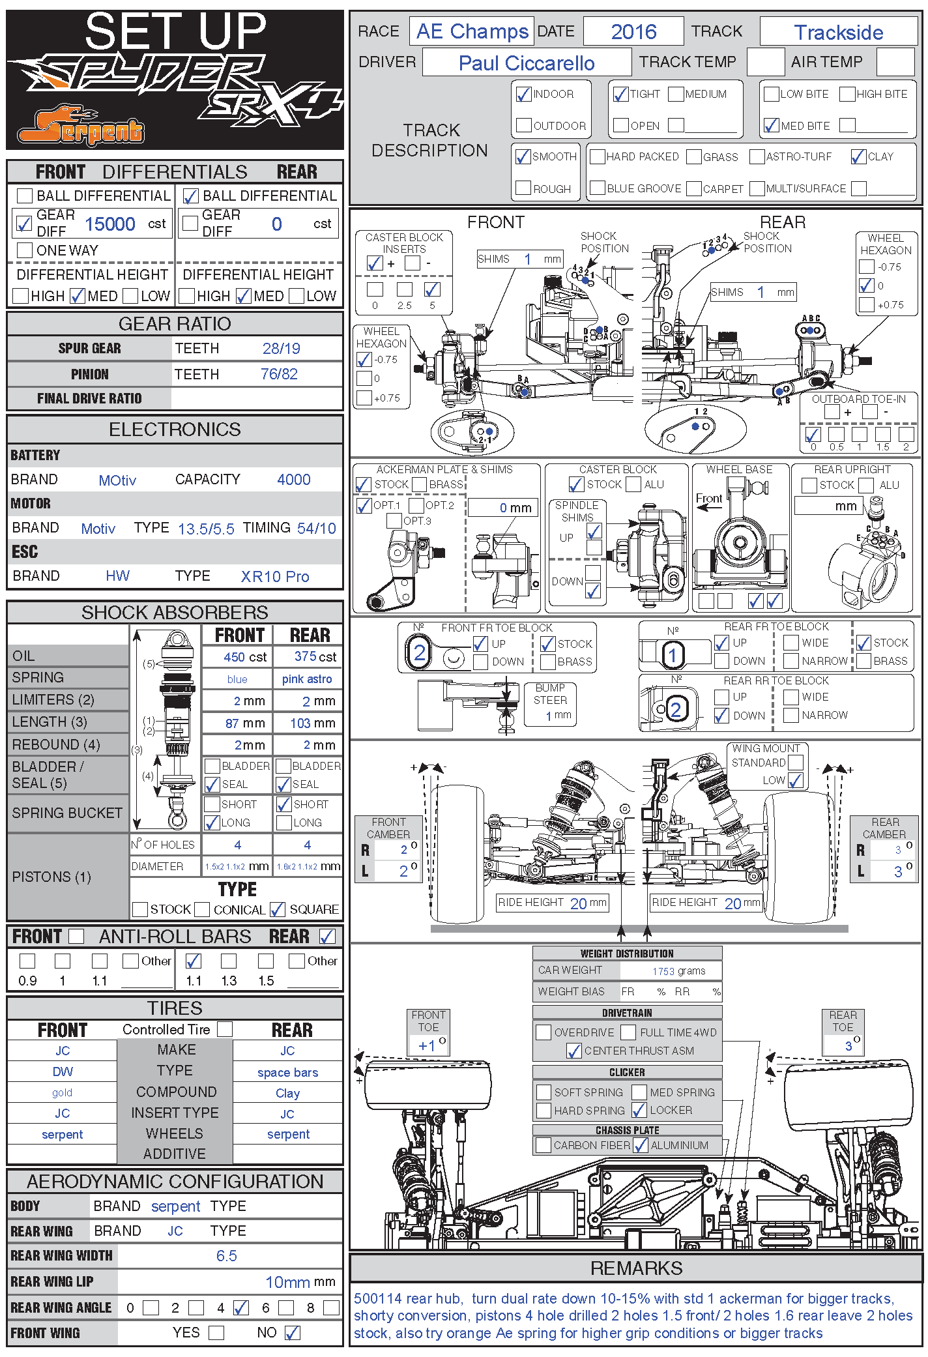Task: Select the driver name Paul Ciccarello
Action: click(x=526, y=63)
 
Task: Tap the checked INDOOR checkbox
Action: click(x=523, y=95)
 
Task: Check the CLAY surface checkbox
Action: click(x=858, y=157)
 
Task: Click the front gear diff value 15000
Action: click(x=110, y=224)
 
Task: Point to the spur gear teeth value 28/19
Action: click(x=281, y=349)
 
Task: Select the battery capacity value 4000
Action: click(x=293, y=480)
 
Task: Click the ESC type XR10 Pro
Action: click(x=274, y=577)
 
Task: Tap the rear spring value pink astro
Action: click(x=306, y=679)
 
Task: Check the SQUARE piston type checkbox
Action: click(x=278, y=909)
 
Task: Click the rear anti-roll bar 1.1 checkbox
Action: click(x=194, y=961)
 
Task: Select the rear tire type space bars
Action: click(x=287, y=1073)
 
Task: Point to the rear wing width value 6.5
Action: click(x=226, y=1256)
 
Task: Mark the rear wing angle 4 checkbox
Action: click(x=241, y=1307)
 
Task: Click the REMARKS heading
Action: click(x=636, y=1268)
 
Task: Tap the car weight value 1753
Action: click(x=663, y=971)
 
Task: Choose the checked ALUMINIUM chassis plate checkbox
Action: click(x=641, y=1145)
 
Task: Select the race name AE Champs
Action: click(x=472, y=31)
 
